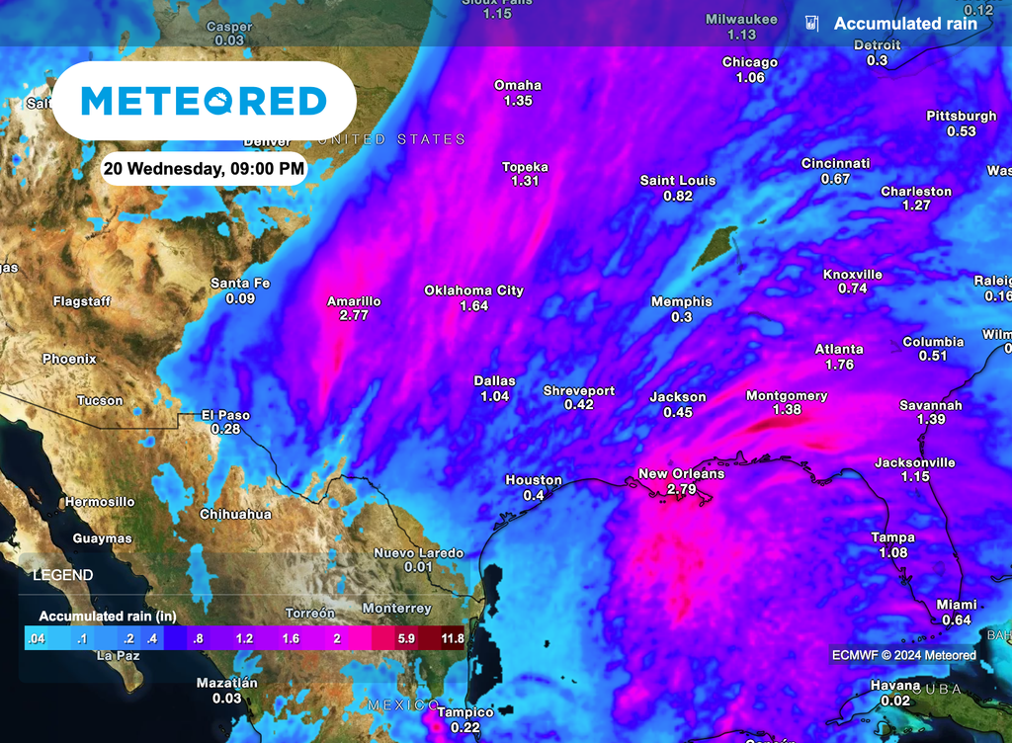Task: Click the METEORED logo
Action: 203,101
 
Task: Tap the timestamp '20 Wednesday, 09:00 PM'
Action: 204,169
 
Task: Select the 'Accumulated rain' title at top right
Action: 904,24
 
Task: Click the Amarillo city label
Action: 354,301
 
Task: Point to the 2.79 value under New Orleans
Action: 681,489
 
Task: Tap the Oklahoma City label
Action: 473,290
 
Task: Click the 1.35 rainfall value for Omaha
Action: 518,101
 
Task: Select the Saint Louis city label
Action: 678,181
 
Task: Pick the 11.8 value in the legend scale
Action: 452,638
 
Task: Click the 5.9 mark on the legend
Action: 406,638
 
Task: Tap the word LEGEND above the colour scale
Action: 63,575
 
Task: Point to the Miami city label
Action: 956,605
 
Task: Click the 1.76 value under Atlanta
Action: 839,365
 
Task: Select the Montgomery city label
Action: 787,396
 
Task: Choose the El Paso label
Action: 225,415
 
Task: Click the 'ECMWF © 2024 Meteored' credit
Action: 903,655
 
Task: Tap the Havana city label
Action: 894,686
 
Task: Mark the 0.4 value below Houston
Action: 534,495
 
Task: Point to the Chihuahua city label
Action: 235,515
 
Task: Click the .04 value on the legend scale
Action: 38,638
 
